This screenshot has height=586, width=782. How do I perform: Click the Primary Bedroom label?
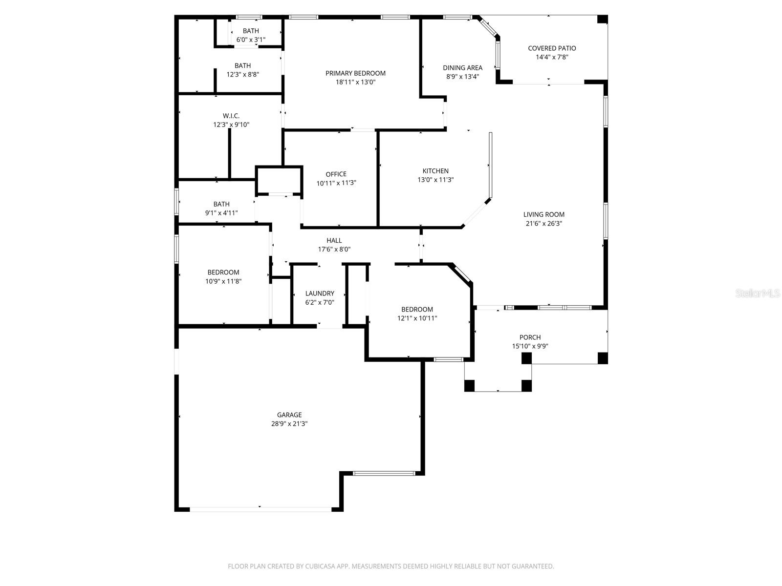click(355, 73)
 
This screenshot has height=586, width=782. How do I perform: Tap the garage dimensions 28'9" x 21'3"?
click(289, 424)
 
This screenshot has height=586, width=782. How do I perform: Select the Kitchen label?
click(435, 171)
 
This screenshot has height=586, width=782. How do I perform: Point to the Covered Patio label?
click(552, 48)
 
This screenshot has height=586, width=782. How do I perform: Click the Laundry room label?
click(320, 293)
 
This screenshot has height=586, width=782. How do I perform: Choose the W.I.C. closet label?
click(231, 116)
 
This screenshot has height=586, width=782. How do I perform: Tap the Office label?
click(336, 174)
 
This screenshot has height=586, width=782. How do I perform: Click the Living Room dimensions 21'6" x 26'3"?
click(543, 224)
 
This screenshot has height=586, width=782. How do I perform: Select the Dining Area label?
click(462, 68)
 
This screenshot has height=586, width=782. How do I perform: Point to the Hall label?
click(334, 240)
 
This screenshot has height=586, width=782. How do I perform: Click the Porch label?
click(530, 337)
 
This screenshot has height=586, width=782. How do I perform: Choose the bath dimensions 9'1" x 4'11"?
click(221, 213)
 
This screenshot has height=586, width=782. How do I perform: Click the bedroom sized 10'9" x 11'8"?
click(223, 272)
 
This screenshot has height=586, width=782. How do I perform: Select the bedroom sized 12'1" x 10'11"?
click(417, 310)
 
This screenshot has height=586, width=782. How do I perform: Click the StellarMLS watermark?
click(758, 293)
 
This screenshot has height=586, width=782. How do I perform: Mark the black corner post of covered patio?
click(603, 20)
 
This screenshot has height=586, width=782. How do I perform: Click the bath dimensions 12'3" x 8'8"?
click(242, 75)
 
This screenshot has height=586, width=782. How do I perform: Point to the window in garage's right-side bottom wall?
click(384, 473)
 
